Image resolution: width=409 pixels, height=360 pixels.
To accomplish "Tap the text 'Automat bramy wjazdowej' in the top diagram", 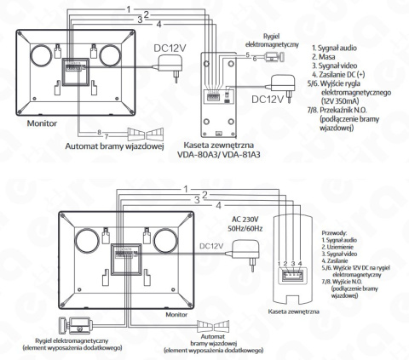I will [114, 145].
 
